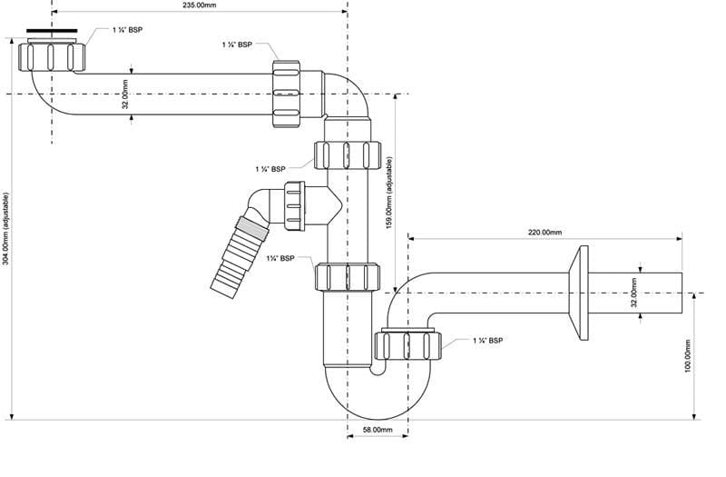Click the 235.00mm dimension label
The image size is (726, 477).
[199, 5]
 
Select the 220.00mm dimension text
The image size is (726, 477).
[545, 232]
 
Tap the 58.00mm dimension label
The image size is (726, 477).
[378, 430]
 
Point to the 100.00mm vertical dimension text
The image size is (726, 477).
[687, 356]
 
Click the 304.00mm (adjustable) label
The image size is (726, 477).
[5, 228]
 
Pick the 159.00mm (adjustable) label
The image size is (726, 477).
[389, 193]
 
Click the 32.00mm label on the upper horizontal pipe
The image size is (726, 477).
[125, 94]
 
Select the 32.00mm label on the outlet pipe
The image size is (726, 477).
[634, 293]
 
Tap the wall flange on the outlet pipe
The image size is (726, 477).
[579, 293]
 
